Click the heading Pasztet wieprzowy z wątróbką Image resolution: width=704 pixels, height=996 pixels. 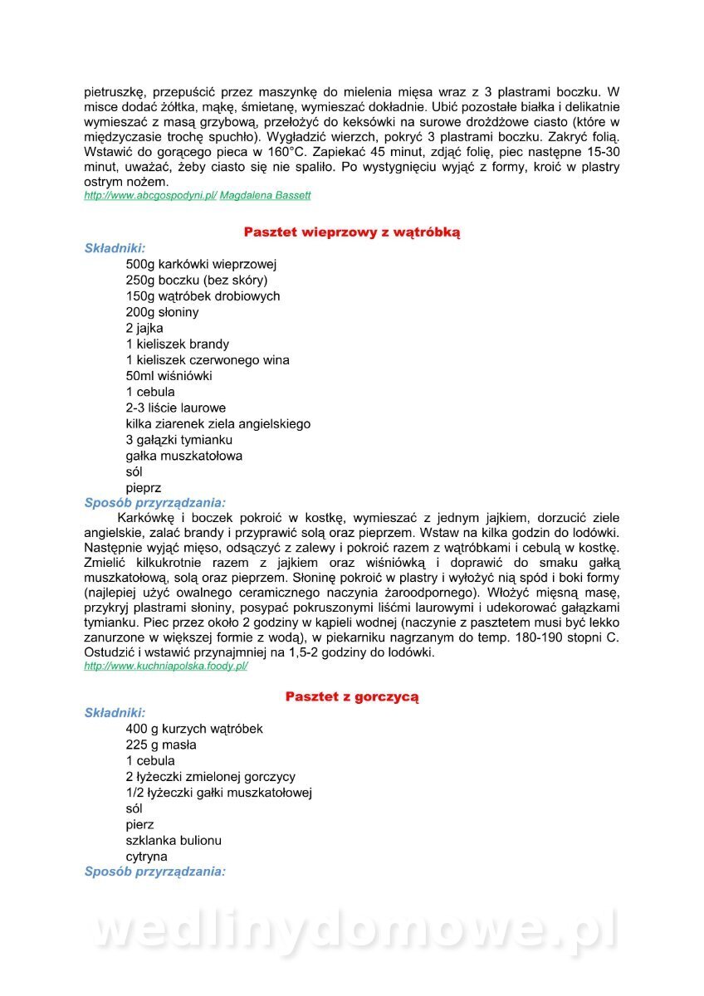[x=352, y=232]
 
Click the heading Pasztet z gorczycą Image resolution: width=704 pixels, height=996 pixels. [x=352, y=696]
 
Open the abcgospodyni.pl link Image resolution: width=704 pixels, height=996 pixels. [x=150, y=195]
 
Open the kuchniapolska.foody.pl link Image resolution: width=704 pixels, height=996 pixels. [x=166, y=666]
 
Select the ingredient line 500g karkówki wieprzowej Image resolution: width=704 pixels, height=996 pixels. [x=201, y=264]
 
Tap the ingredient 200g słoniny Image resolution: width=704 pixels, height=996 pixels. [x=162, y=312]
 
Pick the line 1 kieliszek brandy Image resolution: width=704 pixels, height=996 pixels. [x=178, y=344]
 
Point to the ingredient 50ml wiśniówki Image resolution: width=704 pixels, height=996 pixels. [x=169, y=375]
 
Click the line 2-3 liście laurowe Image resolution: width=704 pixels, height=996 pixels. [x=175, y=408]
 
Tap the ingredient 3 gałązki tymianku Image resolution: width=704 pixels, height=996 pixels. [x=179, y=440]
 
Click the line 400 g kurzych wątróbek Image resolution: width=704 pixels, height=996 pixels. [x=194, y=729]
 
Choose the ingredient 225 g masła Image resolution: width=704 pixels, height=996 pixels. [x=161, y=745]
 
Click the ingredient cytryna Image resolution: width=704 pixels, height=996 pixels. [x=146, y=857]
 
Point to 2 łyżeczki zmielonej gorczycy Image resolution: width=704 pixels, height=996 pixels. [x=211, y=777]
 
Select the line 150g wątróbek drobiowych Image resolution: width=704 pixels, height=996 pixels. [x=203, y=296]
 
